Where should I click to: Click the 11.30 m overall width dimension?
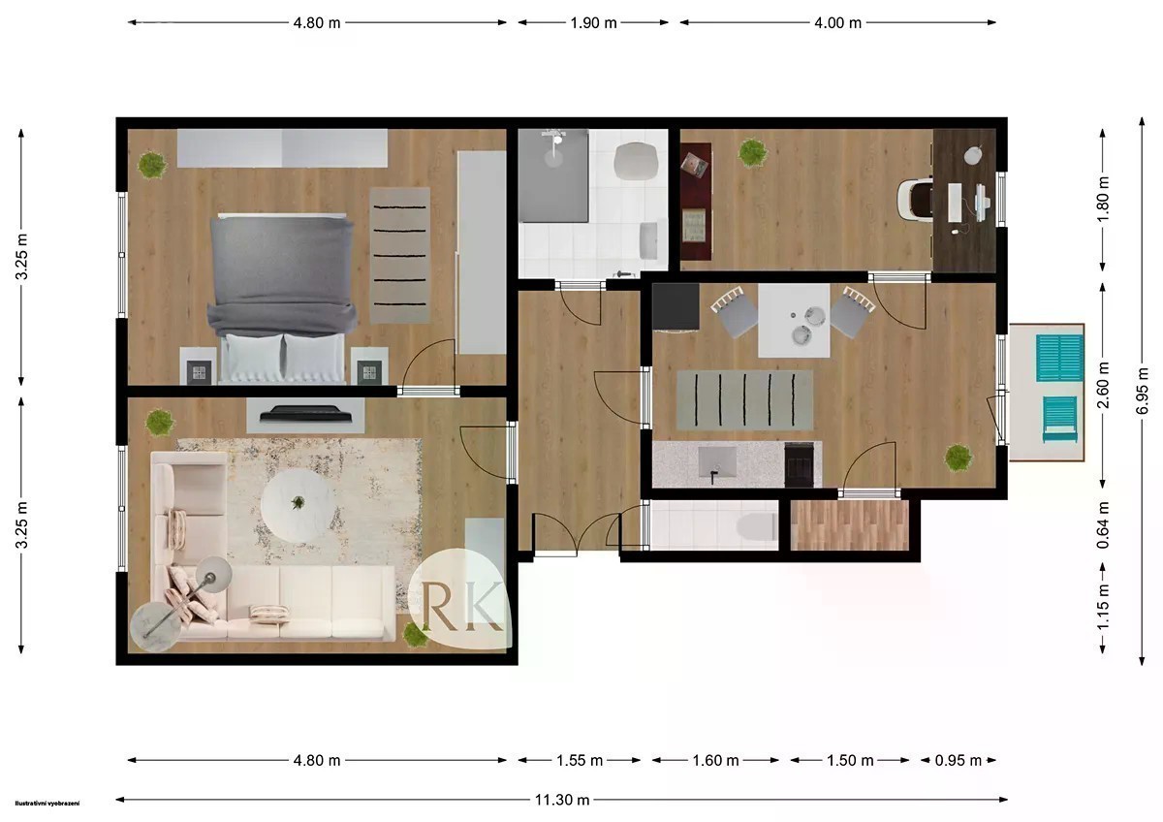coord(562,800)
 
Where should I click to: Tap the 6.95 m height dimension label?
coord(1142,391)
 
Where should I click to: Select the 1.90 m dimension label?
coord(593,23)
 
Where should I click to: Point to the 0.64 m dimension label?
coord(1103,525)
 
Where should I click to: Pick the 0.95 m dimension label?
coord(958,761)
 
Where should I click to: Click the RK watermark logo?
coord(460,599)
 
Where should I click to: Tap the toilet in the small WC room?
coord(758,526)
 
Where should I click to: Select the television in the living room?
coord(306,414)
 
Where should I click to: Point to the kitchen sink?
coord(717,462)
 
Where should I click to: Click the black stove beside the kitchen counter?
coord(799,464)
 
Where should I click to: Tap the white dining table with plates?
coord(794,321)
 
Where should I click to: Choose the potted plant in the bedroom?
coord(152,165)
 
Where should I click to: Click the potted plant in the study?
coord(752,152)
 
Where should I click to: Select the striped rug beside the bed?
coord(399,255)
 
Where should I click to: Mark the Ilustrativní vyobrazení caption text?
coord(47,804)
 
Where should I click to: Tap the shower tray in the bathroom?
coord(553,175)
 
